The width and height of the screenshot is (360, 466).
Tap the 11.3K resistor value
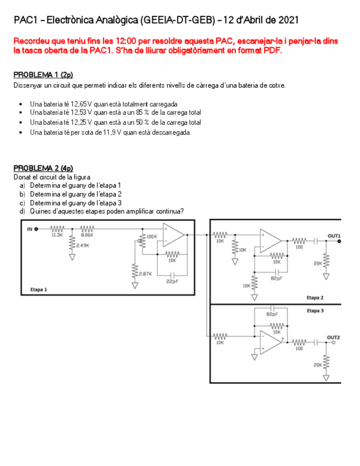click(x=57, y=235)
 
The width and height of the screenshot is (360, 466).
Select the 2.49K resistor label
click(x=82, y=245)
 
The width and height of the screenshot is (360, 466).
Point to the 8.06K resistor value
click(x=87, y=235)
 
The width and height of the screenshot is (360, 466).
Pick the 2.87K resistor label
click(x=145, y=274)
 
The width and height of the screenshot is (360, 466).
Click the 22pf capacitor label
click(x=171, y=281)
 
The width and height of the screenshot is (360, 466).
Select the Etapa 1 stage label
click(x=38, y=289)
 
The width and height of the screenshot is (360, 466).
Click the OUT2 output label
click(x=334, y=337)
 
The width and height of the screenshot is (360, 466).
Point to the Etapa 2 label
click(x=315, y=297)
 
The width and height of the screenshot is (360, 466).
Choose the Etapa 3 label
click(x=315, y=310)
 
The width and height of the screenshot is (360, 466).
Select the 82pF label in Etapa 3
click(x=272, y=315)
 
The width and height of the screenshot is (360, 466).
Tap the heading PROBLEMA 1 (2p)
click(x=43, y=74)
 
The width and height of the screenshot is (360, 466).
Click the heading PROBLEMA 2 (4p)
click(x=43, y=168)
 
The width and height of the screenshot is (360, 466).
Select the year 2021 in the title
click(x=289, y=20)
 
